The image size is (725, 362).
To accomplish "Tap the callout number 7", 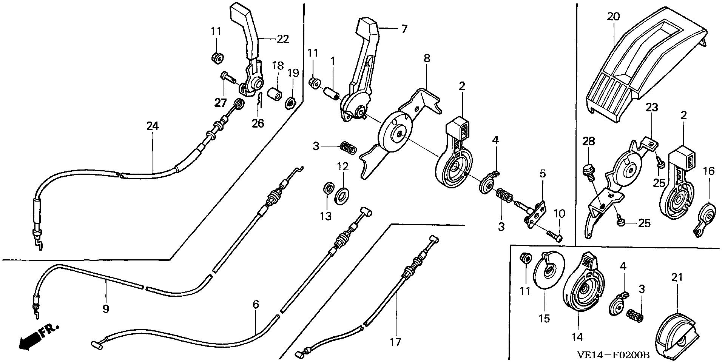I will pos(404,29).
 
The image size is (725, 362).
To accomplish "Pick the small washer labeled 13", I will pos(329,188).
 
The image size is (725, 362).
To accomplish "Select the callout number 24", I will pos(153,126).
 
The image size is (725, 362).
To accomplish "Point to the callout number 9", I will pos(106,309).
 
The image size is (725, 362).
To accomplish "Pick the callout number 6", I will pos(256,304).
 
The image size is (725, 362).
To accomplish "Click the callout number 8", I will pos(427,59).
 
